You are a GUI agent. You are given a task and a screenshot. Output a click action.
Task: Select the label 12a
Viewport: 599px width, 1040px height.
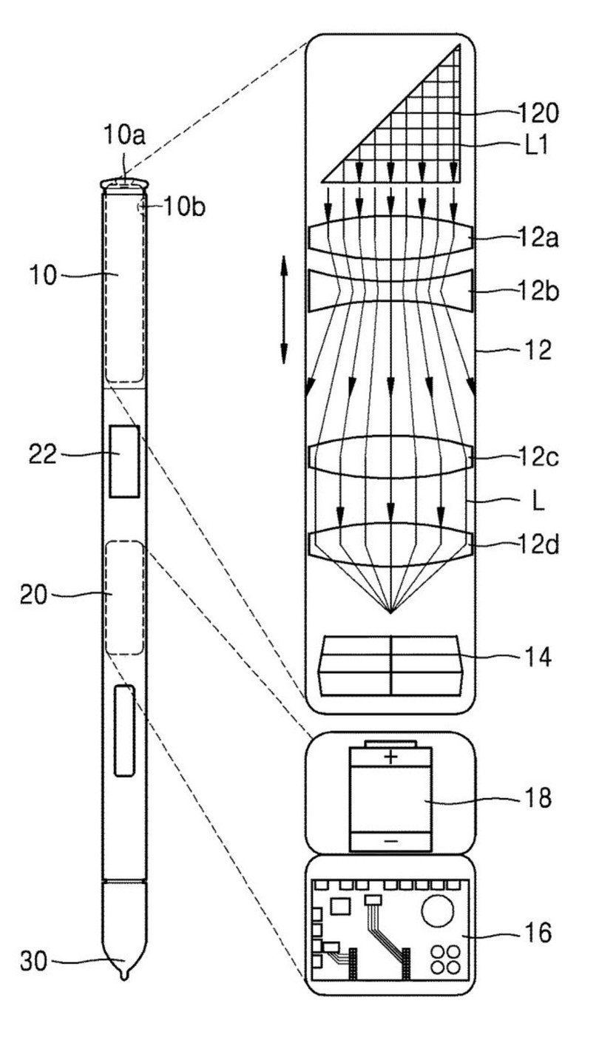538,239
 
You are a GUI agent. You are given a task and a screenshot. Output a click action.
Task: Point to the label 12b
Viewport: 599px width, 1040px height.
538,293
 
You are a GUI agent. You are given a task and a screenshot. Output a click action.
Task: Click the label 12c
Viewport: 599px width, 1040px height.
538,459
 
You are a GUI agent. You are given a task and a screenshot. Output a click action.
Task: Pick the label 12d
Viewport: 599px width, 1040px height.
538,548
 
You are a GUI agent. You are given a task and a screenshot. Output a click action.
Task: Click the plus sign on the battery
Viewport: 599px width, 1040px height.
390,757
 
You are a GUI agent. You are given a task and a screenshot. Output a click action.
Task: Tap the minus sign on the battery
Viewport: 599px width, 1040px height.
390,842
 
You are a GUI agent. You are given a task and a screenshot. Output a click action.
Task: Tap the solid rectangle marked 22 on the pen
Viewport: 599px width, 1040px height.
124,461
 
